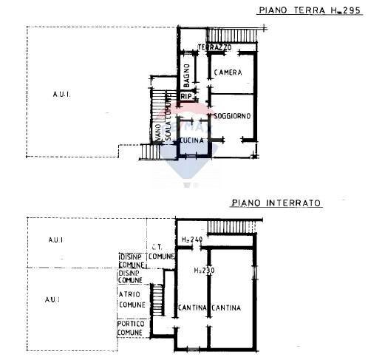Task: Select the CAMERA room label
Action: coord(229,72)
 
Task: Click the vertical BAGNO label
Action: coord(188,74)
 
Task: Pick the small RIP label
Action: coord(187,97)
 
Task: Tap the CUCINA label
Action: coord(191,140)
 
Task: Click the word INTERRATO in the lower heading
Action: coord(295,202)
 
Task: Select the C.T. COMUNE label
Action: coord(160,251)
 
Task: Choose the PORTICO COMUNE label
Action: coord(130,328)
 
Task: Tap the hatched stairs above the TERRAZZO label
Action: coord(232,35)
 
